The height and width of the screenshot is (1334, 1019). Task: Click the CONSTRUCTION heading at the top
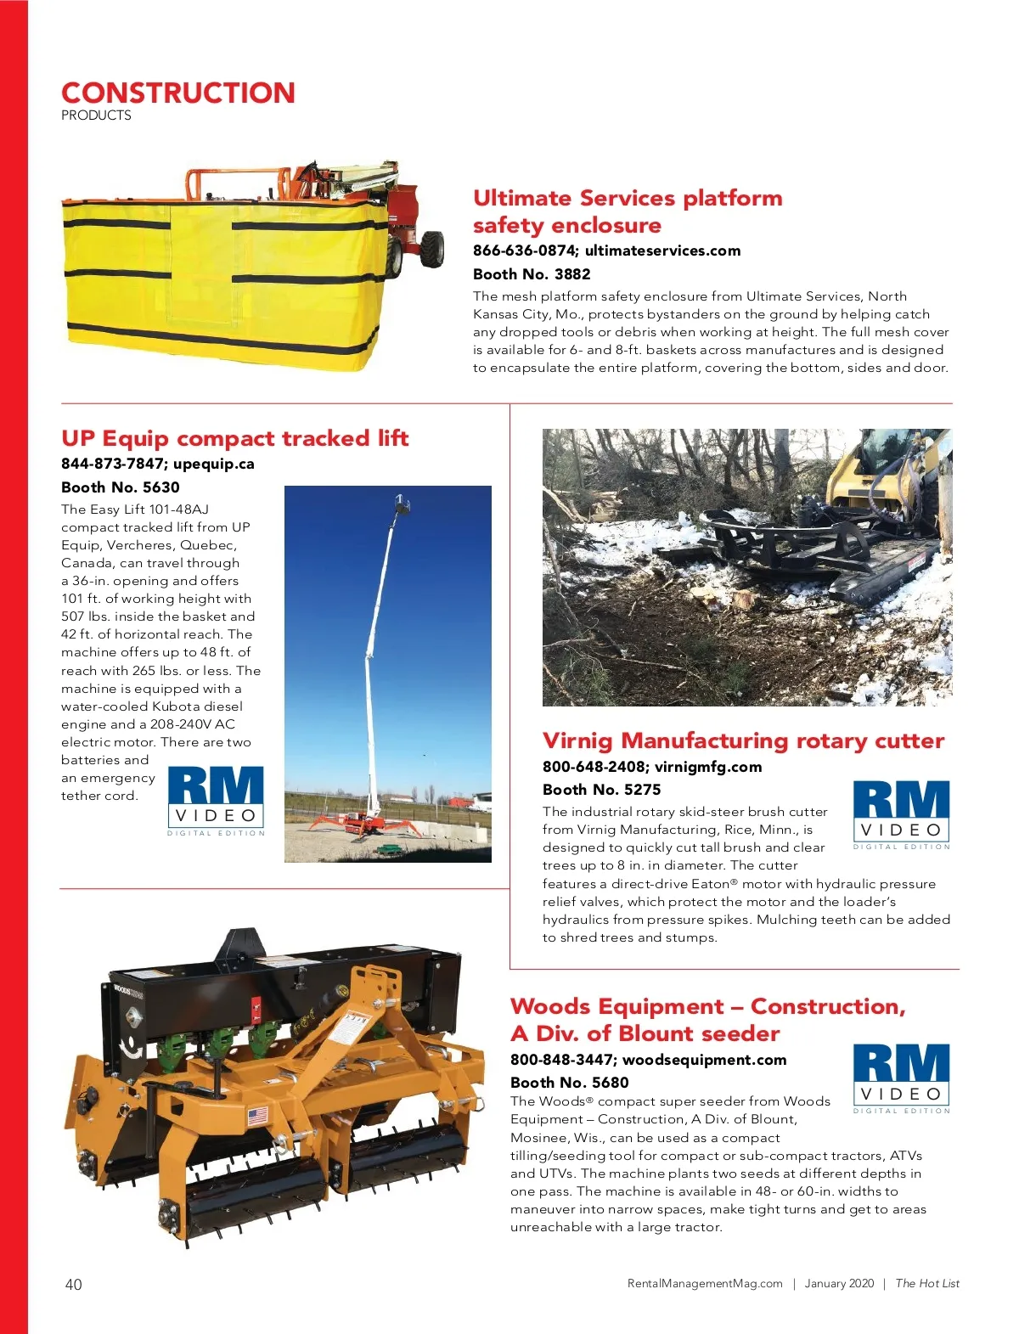[x=178, y=93]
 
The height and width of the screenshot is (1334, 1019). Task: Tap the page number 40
[x=74, y=1284]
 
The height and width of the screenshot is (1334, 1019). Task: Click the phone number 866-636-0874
[x=523, y=250]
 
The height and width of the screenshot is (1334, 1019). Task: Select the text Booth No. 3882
[x=532, y=274]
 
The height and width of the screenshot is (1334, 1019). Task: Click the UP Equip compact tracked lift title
[x=234, y=438]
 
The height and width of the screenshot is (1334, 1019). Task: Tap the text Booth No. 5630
[x=121, y=487]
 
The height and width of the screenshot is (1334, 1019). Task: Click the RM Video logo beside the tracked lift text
[x=216, y=798]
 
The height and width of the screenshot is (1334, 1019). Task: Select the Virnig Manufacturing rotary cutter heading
[x=743, y=740]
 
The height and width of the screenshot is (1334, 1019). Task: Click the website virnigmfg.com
[x=708, y=767]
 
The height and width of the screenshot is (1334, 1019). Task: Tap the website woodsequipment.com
[x=704, y=1060]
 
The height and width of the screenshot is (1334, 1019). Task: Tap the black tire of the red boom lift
[x=433, y=249]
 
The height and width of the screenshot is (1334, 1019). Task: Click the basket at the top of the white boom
[x=403, y=507]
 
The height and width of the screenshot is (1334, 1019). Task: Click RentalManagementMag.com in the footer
[x=705, y=1284]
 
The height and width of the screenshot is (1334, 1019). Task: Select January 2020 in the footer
[x=839, y=1284]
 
